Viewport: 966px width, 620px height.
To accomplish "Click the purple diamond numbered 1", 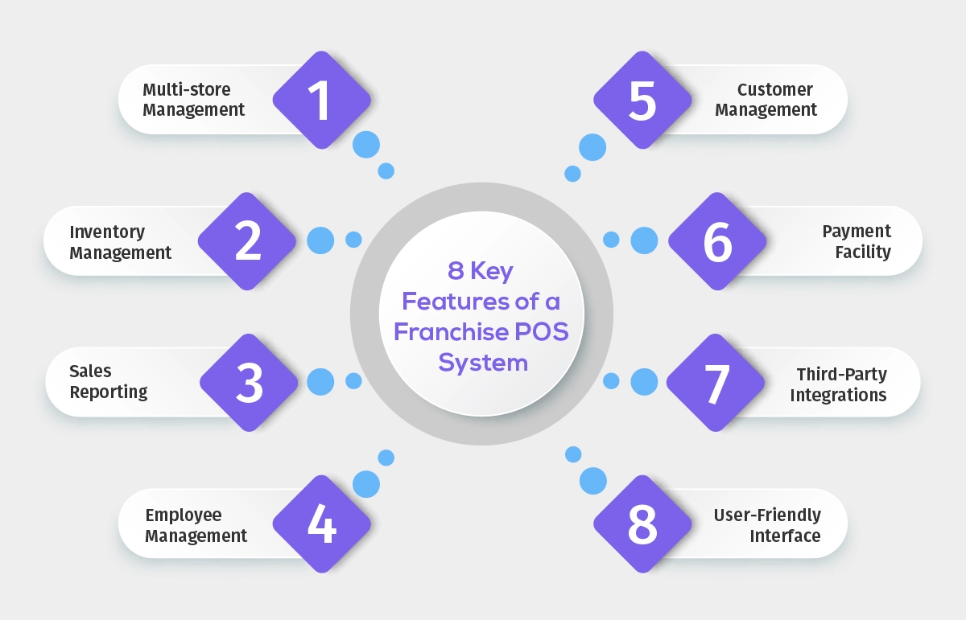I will [x=321, y=100].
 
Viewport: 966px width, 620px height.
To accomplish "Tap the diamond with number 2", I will [x=247, y=241].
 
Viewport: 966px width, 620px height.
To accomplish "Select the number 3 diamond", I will [x=249, y=383].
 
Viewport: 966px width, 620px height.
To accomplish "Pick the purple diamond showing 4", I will [x=321, y=524].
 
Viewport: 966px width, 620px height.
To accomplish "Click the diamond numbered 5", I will [x=643, y=100].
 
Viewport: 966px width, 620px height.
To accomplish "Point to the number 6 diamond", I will [x=716, y=241].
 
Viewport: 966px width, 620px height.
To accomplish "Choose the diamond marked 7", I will [x=716, y=383].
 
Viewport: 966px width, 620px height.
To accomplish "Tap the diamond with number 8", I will [x=643, y=524].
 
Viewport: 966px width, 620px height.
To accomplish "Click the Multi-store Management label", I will [x=194, y=100].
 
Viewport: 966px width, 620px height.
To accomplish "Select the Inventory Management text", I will [x=121, y=242].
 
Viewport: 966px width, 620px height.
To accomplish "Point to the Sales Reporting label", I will [x=109, y=382].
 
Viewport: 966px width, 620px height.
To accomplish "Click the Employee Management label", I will [x=196, y=525].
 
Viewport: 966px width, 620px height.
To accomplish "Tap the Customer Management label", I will [x=766, y=100].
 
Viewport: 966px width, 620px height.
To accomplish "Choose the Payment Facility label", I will [x=856, y=241].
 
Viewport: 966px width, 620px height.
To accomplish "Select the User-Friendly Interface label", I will [x=767, y=525].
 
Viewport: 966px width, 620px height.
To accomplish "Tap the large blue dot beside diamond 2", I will [x=320, y=240].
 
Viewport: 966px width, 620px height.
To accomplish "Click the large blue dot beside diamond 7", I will [x=644, y=382].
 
